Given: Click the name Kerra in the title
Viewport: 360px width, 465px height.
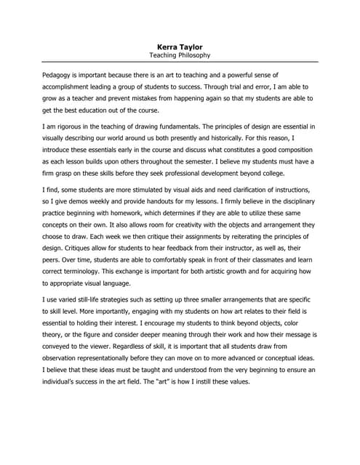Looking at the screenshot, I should [167, 47].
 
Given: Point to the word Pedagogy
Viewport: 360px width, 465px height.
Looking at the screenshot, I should [58, 74].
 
